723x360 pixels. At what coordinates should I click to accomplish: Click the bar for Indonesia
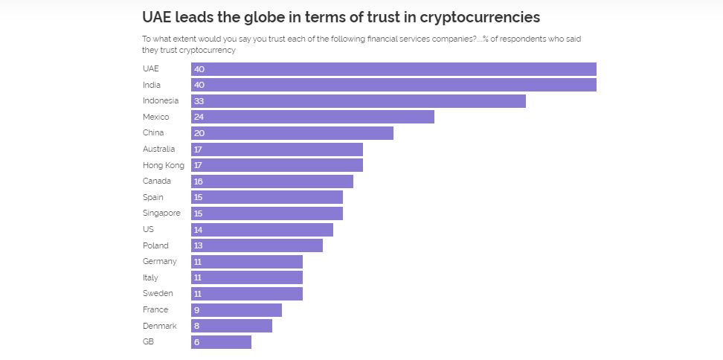tap(358, 101)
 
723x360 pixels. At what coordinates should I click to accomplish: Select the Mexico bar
tap(312, 117)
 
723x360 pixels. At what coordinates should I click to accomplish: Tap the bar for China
tap(292, 133)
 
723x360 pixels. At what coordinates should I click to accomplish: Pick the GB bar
tap(221, 342)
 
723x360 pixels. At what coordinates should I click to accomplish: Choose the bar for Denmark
tap(231, 326)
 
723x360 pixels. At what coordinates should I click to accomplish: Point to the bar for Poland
tap(257, 245)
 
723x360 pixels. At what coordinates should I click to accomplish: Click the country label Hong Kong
tap(163, 165)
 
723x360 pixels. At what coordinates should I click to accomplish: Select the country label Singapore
tap(161, 213)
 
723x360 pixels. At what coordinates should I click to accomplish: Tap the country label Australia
tap(158, 149)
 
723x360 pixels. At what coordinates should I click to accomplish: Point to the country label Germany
tap(160, 262)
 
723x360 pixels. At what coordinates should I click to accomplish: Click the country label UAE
tap(150, 68)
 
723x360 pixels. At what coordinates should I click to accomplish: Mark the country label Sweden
tap(158, 294)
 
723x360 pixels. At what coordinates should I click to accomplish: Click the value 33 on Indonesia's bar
tap(199, 101)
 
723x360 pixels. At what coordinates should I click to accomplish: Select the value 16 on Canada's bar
tap(199, 181)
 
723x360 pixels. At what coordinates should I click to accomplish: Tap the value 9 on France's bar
tap(196, 310)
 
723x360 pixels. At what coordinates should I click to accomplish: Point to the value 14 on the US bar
tap(199, 230)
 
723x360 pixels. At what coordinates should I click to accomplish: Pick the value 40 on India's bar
tap(199, 85)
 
